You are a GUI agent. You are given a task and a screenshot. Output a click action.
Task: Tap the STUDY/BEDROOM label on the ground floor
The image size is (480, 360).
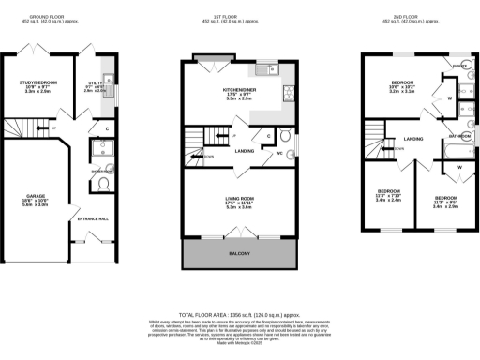(39, 86)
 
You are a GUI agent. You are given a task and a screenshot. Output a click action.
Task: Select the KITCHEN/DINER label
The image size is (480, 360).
(228, 92)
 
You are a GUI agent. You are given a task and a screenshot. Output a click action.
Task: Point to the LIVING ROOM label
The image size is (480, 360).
(239, 201)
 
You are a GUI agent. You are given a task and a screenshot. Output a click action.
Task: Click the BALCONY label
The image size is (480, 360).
(239, 254)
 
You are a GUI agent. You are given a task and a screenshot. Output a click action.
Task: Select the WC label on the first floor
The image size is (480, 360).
(279, 153)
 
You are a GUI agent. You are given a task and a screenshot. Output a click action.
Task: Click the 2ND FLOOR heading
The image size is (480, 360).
(412, 17)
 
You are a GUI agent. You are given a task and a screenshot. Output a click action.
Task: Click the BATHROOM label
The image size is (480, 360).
(459, 135)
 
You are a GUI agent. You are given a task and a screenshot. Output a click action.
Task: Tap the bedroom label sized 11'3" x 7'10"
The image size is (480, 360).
(387, 195)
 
